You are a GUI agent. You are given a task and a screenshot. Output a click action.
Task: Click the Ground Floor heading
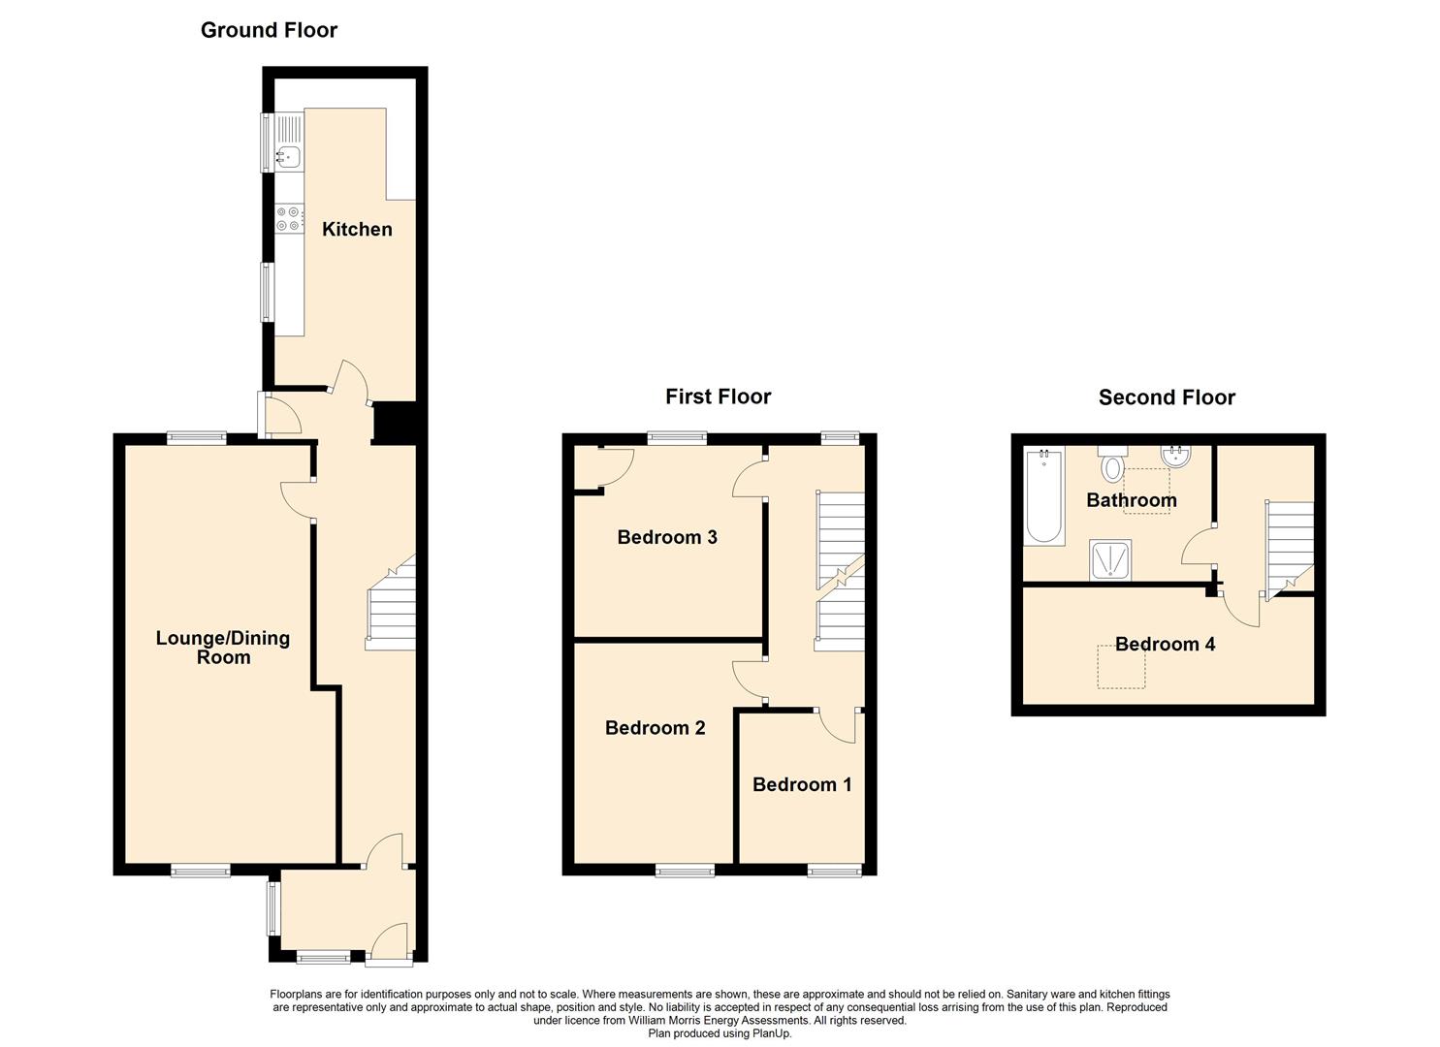269,30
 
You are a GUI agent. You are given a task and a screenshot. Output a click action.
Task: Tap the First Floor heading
719,397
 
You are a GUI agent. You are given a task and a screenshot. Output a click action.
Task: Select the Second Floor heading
1167,397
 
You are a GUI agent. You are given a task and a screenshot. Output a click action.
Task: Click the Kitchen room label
357,229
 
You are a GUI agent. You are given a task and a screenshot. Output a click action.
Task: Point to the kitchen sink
289,155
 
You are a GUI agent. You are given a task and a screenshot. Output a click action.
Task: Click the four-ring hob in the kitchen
289,218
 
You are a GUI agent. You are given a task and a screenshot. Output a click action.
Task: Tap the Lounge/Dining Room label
223,648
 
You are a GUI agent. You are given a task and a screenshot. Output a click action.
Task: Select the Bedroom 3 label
667,537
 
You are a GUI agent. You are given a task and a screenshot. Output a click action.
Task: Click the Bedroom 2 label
656,727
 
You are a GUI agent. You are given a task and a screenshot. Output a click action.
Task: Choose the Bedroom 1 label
802,784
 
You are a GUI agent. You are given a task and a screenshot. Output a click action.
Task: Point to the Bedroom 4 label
1165,644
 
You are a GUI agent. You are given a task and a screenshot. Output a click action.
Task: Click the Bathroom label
1132,500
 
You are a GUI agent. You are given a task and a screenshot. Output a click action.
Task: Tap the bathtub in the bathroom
1044,495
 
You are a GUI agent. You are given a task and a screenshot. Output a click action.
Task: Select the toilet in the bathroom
1112,462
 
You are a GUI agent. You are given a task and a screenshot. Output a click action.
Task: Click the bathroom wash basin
1176,455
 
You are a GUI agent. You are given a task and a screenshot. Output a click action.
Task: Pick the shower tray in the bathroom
1110,559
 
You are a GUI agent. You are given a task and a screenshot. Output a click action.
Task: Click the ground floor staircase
391,602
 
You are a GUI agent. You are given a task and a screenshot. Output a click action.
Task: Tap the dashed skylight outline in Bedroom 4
1121,667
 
